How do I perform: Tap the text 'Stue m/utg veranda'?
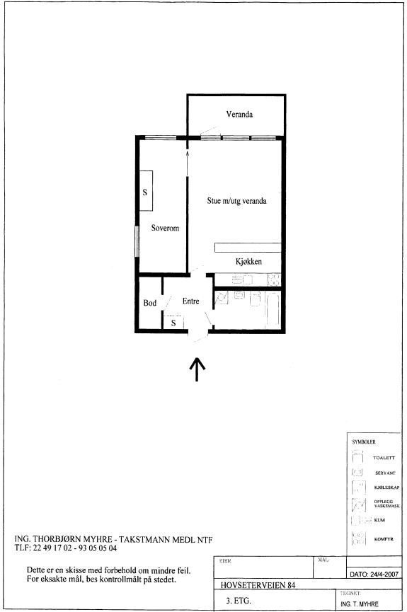[236, 200]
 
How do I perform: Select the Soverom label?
[165, 229]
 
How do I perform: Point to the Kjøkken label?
[248, 262]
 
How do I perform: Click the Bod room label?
[149, 303]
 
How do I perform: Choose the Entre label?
[191, 301]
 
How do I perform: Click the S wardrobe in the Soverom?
[146, 191]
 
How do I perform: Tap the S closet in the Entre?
[173, 323]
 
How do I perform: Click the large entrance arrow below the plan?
[197, 368]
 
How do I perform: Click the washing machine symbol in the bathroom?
[221, 299]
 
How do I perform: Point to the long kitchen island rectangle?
[248, 247]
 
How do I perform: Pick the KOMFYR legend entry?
[383, 539]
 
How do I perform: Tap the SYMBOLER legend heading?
[364, 441]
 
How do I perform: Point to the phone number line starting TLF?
[65, 548]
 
